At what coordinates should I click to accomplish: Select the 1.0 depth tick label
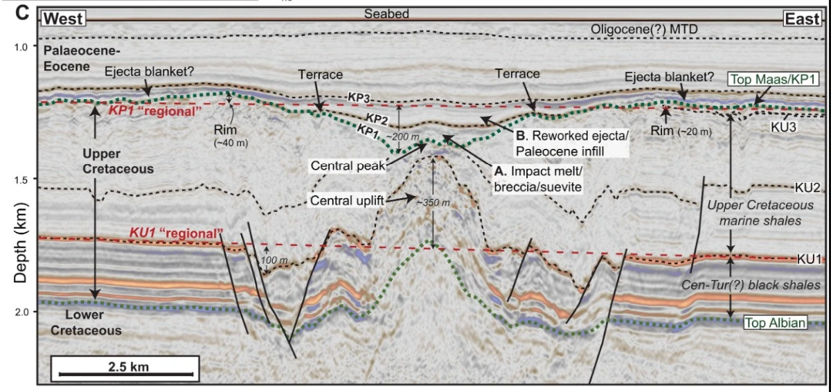point(21,46)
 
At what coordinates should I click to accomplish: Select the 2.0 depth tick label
point(21,312)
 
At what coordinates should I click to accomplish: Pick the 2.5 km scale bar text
point(128,365)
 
